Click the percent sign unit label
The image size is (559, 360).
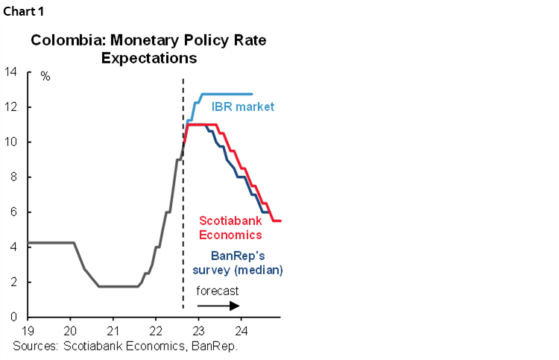coord(45,77)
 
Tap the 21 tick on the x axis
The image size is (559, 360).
coord(113,331)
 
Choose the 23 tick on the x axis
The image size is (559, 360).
coord(198,331)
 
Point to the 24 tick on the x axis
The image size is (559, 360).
coord(241,331)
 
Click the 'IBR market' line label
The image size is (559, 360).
coord(243,107)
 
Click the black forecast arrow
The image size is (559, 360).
coord(218,306)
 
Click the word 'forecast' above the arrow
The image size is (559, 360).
coord(218,291)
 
